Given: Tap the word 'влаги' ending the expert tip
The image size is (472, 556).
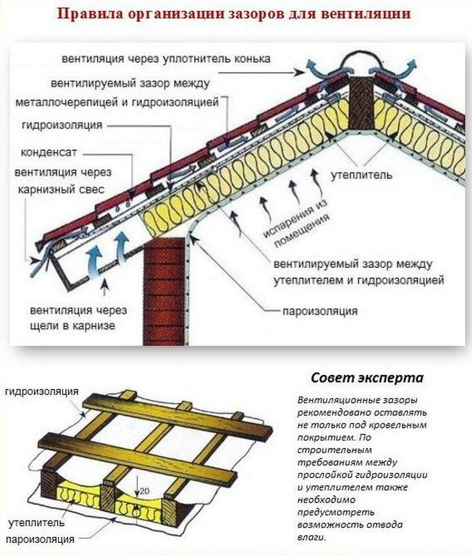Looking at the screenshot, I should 312,537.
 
